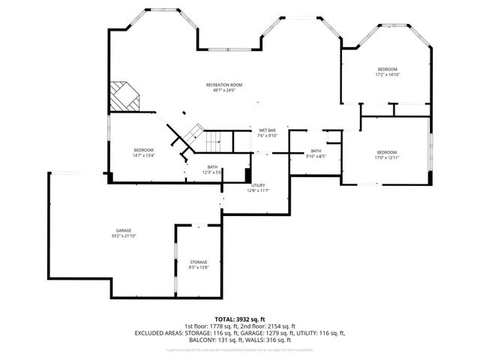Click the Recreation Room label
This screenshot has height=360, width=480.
[225, 85]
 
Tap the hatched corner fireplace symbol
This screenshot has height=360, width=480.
[124, 95]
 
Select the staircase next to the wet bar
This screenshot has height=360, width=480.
[212, 138]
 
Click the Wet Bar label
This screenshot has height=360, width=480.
[268, 130]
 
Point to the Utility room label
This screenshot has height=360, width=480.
[258, 185]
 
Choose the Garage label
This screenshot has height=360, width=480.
[124, 230]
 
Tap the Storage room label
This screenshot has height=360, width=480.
[198, 262]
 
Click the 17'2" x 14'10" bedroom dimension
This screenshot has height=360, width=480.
[387, 75]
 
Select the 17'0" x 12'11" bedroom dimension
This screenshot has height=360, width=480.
[387, 157]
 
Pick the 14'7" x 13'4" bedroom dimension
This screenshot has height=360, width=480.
[144, 156]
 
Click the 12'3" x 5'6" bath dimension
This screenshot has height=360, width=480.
[213, 172]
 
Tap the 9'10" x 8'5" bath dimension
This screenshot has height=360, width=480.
[316, 156]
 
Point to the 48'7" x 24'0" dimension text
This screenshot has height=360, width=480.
[225, 91]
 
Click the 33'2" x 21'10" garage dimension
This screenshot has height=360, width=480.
[124, 235]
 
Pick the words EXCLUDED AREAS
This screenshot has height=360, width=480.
[159, 332]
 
